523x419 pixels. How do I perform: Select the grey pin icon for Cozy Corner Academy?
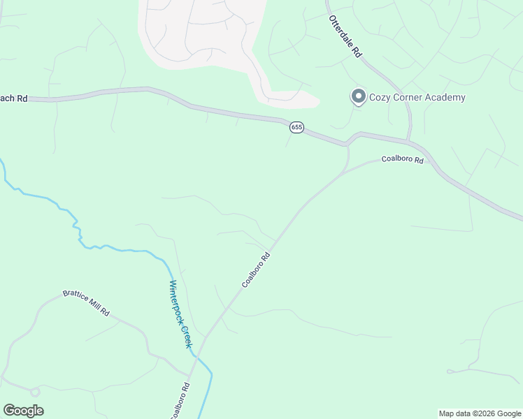coord(359,96)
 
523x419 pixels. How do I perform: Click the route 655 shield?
coord(297,127)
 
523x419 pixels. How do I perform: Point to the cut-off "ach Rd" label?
coord(13,99)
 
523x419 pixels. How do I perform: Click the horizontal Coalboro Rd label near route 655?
coord(403,160)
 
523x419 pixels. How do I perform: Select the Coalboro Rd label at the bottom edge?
coord(179,400)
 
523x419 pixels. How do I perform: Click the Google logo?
coord(23,411)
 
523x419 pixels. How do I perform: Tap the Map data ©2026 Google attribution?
coord(480,413)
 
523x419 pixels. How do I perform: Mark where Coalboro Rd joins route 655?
coord(346,145)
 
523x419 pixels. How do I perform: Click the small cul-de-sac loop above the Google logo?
coord(35,392)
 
